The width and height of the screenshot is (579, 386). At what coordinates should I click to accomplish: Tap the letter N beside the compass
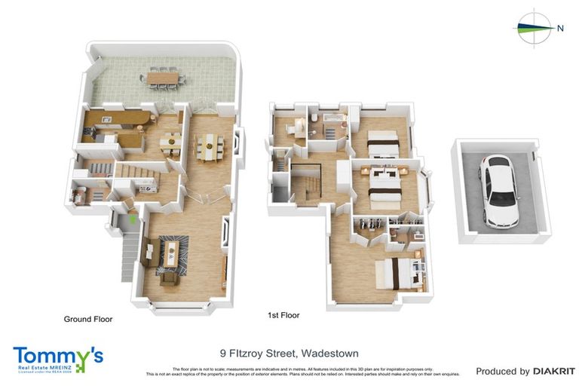(x=560, y=28)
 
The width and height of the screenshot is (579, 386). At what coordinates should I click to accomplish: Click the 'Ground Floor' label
(x=88, y=320)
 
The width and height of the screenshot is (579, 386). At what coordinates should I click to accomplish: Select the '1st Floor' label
(x=283, y=315)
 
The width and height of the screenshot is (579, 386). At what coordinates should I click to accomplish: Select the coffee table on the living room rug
(x=173, y=256)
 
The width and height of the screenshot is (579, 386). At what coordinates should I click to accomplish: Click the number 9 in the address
(x=223, y=353)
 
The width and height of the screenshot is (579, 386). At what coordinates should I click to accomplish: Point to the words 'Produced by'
(x=503, y=371)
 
